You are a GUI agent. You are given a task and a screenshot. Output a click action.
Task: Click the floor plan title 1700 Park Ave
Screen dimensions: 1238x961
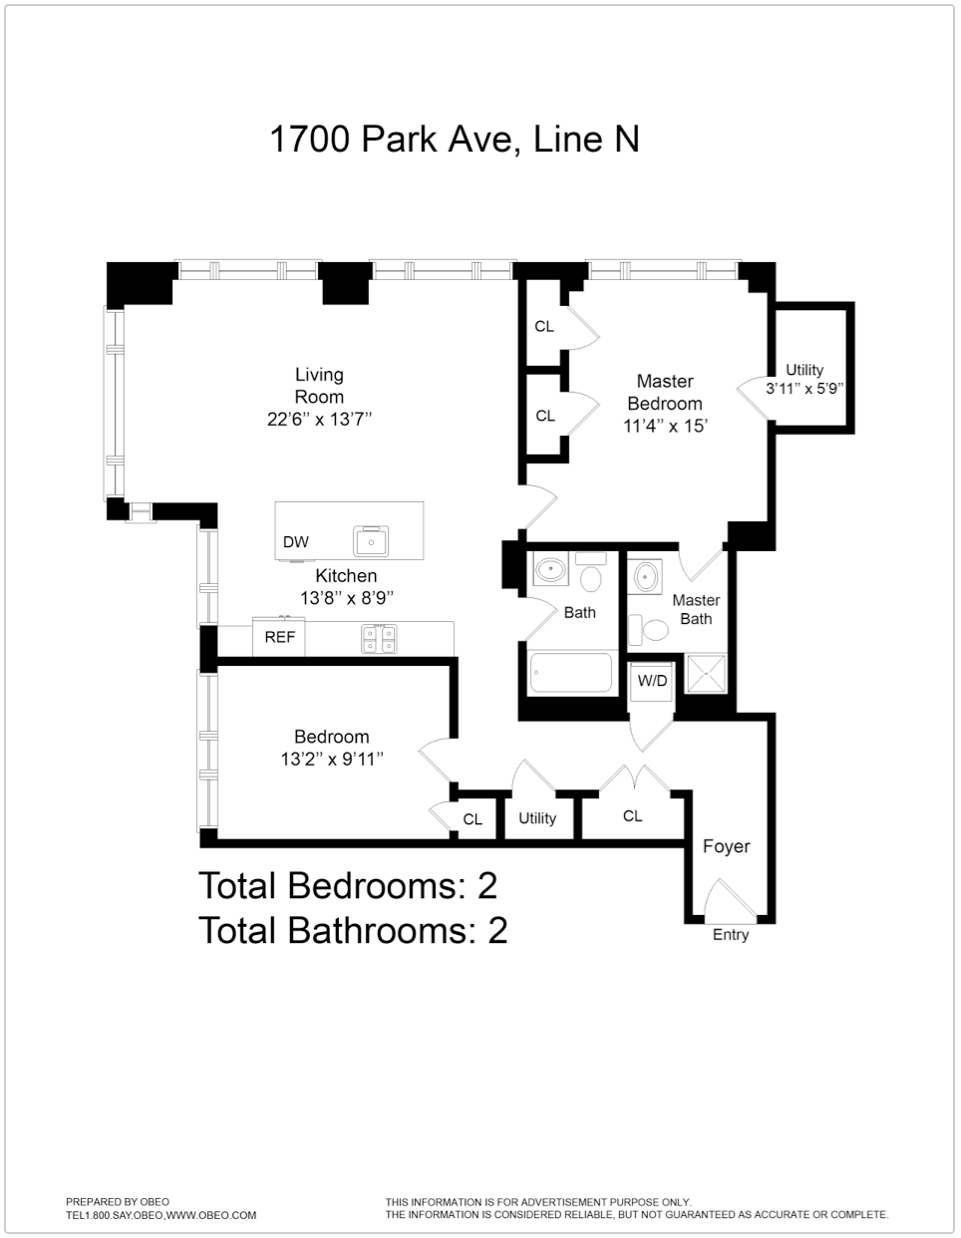454,139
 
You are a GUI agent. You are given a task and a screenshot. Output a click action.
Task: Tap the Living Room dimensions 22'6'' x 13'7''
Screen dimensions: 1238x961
319,420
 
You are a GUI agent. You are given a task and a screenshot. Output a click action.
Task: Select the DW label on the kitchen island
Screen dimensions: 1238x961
296,542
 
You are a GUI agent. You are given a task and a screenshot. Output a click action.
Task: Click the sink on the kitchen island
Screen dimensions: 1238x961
374,539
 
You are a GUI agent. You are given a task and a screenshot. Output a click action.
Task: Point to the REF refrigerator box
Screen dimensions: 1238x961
279,637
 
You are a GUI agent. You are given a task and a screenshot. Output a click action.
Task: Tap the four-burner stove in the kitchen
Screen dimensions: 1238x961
379,638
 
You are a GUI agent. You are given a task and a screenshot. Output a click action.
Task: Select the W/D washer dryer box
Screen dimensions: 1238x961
653,681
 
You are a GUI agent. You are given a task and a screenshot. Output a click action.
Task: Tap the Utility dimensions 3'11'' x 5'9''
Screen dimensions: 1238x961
804,389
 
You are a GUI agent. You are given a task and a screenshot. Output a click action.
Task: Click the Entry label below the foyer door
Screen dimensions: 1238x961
730,935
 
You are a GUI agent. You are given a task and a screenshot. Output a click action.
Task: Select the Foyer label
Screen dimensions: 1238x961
726,846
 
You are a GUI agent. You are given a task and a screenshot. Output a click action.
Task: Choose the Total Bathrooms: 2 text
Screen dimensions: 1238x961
353,930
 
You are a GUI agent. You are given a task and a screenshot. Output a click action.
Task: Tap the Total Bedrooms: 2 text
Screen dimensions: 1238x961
347,885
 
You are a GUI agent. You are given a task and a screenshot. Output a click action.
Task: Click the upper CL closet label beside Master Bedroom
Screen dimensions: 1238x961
544,326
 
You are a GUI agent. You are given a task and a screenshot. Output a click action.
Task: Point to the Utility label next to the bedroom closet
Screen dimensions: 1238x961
537,818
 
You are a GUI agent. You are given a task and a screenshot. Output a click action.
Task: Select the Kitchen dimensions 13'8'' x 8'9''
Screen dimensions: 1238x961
347,598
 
